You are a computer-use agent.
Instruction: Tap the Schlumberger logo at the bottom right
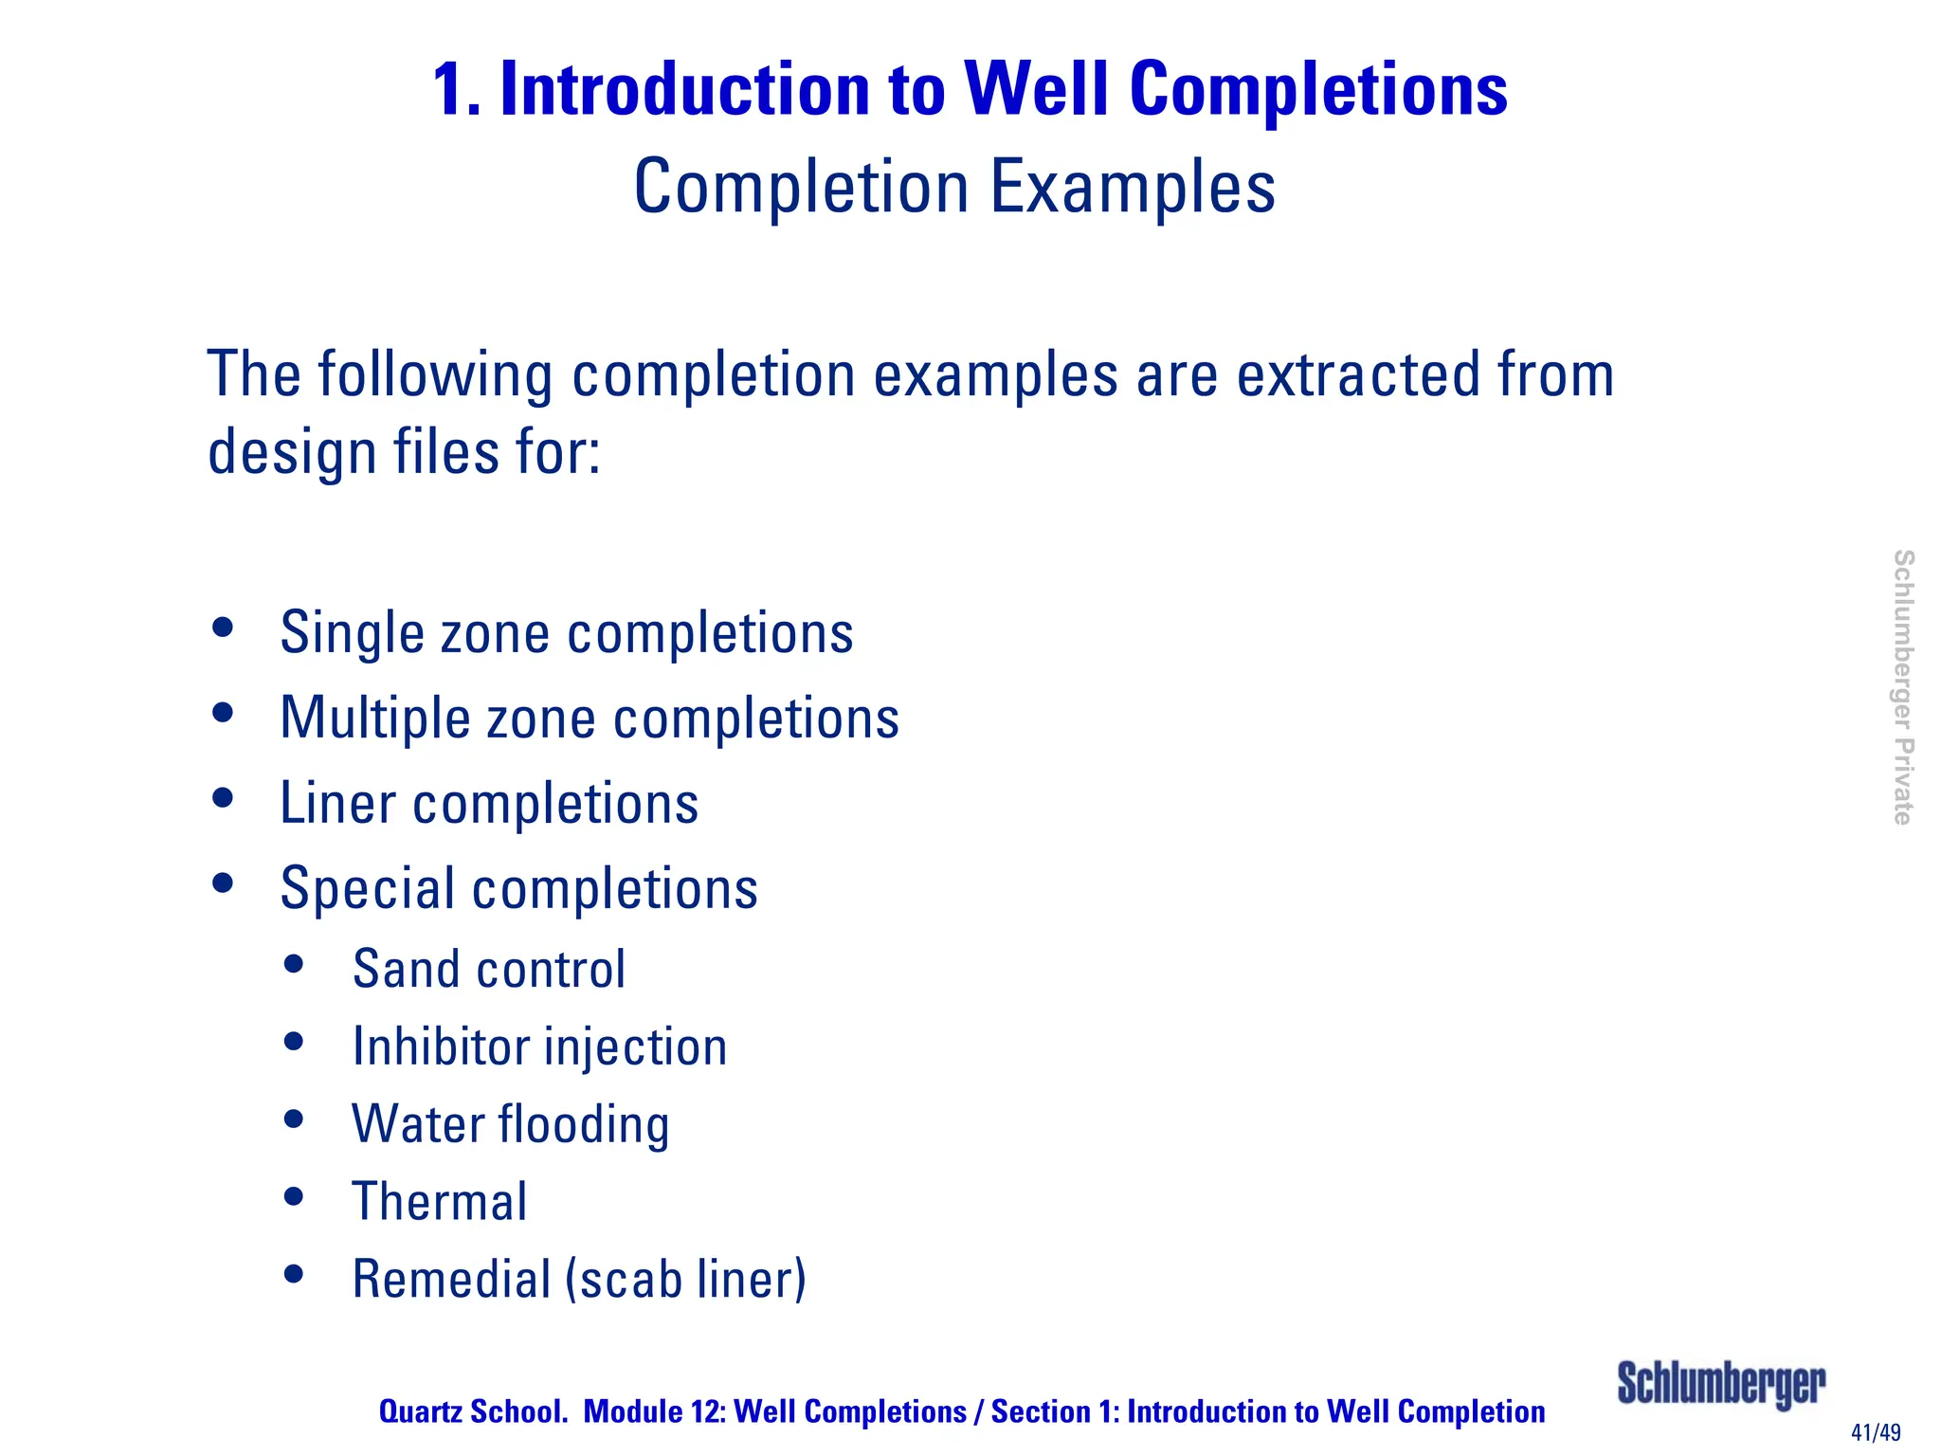pyautogui.click(x=1720, y=1385)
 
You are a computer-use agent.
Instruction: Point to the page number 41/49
pyautogui.click(x=1876, y=1432)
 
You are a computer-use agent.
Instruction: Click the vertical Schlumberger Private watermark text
pyautogui.click(x=1902, y=687)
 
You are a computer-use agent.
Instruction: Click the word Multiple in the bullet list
pyautogui.click(x=375, y=719)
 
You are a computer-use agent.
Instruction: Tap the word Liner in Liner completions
pyautogui.click(x=337, y=804)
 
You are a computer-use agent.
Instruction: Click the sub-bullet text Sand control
pyautogui.click(x=488, y=970)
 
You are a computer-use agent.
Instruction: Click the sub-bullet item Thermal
pyautogui.click(x=439, y=1202)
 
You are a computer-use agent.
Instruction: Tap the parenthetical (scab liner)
pyautogui.click(x=685, y=1279)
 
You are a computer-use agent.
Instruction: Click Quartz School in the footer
pyautogui.click(x=473, y=1411)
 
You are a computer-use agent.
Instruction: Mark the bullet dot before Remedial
pyautogui.click(x=294, y=1274)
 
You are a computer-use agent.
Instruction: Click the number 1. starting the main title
pyautogui.click(x=456, y=90)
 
